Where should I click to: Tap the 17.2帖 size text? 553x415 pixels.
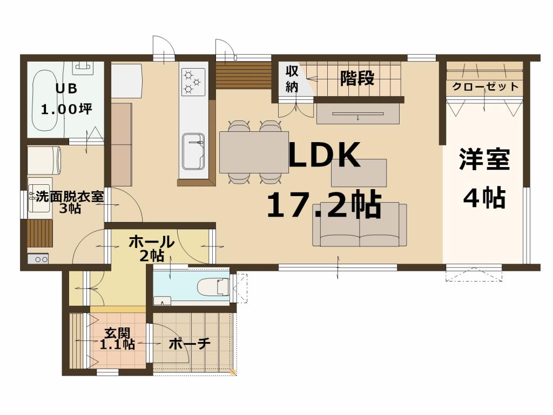pos(324,205)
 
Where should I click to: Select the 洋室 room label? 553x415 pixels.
pos(484,160)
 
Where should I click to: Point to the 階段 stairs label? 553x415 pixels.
pos(357,78)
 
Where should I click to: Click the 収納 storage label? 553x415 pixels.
pos(292,79)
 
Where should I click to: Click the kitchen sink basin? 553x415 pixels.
pos(193,151)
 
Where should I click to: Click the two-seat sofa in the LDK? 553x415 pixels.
pos(359,225)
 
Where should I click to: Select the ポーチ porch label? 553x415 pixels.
pos(189,343)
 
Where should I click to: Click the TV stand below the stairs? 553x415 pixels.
pos(358,113)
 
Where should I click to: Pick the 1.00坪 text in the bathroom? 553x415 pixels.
pos(66,108)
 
